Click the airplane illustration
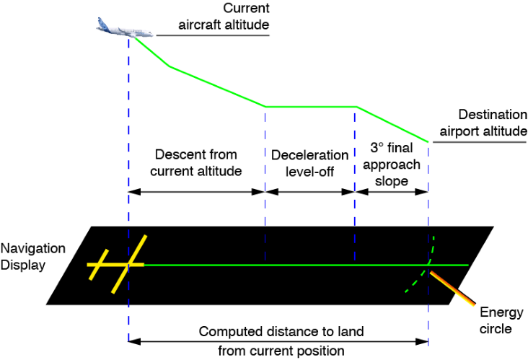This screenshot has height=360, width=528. pyautogui.click(x=124, y=28)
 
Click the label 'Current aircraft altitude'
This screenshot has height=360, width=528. pyautogui.click(x=224, y=16)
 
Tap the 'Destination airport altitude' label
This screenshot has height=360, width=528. pyautogui.click(x=483, y=123)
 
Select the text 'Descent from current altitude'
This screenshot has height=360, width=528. pyautogui.click(x=196, y=162)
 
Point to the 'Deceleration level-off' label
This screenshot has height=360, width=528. pyautogui.click(x=309, y=163)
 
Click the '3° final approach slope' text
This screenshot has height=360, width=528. pyautogui.click(x=392, y=164)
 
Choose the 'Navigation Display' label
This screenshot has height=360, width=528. pyautogui.click(x=32, y=257)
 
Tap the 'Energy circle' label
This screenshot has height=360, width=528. pyautogui.click(x=501, y=320)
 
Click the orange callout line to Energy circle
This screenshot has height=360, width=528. pyautogui.click(x=452, y=289)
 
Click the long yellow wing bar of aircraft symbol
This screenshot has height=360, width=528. pyautogui.click(x=129, y=264)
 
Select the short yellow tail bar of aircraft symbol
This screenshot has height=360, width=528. pyautogui.click(x=99, y=265)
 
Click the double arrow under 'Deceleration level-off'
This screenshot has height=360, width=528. pyautogui.click(x=309, y=192)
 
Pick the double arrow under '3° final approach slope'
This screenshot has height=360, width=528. pyautogui.click(x=392, y=192)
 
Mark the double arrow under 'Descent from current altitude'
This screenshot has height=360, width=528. pyautogui.click(x=197, y=192)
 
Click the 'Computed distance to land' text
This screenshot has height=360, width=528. pyautogui.click(x=281, y=331)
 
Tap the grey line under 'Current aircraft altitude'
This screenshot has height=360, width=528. pyautogui.click(x=213, y=35)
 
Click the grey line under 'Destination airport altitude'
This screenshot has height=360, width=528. pyautogui.click(x=480, y=142)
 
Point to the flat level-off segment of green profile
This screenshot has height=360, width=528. pyautogui.click(x=311, y=107)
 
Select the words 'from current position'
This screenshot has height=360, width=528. pyautogui.click(x=281, y=351)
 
